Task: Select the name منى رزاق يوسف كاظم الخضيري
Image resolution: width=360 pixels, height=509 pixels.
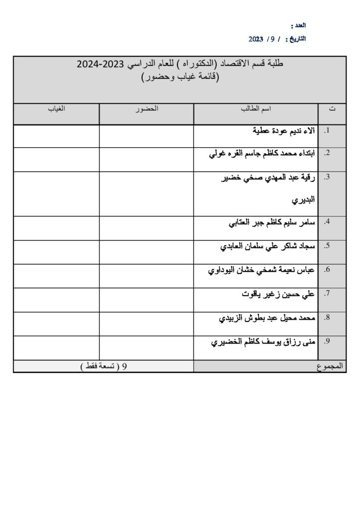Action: click(264, 342)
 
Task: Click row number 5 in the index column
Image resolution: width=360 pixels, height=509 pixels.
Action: click(327, 246)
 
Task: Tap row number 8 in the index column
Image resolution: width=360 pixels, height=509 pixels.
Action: click(327, 318)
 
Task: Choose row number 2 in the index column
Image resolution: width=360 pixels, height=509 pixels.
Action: click(327, 154)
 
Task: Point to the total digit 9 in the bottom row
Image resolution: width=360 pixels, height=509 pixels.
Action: click(124, 367)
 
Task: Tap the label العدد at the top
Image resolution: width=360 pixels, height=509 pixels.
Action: click(298, 24)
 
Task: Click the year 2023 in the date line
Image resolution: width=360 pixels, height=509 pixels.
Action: click(258, 38)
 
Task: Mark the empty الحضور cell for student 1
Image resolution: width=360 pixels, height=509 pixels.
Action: click(146, 136)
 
